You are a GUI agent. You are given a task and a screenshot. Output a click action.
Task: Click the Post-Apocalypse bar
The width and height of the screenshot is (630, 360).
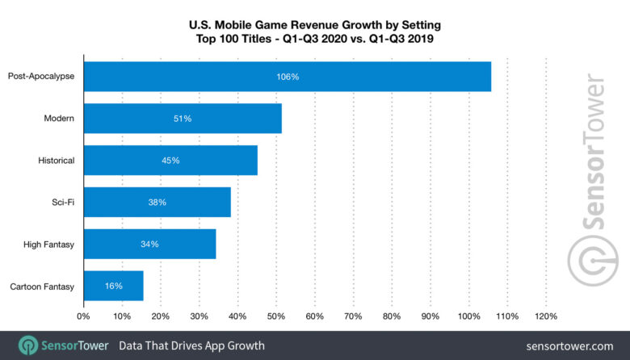(287, 77)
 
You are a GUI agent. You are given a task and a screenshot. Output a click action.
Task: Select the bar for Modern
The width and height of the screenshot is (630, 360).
(183, 119)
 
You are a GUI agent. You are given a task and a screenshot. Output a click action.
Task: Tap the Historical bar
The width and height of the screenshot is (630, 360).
(170, 161)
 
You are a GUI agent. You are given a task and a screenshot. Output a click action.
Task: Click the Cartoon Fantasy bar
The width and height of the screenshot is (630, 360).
(113, 286)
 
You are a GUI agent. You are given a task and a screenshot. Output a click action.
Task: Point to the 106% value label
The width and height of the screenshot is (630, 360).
(287, 77)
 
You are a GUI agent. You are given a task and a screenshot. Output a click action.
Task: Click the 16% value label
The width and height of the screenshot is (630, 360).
(113, 286)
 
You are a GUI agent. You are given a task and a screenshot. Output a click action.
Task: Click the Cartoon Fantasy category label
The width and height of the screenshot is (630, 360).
(42, 286)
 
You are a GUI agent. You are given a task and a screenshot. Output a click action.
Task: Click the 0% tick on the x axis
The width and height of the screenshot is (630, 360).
(83, 316)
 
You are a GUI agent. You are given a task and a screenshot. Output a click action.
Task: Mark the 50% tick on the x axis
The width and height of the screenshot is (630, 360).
(276, 316)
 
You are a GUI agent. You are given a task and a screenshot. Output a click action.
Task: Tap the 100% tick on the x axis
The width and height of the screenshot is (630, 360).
(469, 316)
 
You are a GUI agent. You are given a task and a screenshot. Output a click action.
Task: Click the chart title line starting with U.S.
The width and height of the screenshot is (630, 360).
(314, 23)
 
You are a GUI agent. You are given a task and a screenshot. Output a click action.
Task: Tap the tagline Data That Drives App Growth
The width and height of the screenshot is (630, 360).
(191, 345)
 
